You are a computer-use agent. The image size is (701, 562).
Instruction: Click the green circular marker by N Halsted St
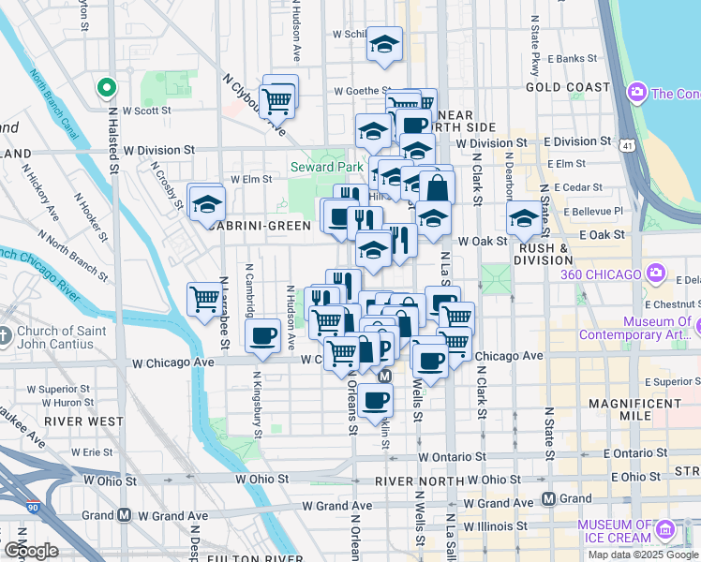point(107,89)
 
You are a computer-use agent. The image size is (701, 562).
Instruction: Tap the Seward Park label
point(326,167)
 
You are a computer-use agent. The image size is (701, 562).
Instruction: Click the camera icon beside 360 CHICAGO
point(655,274)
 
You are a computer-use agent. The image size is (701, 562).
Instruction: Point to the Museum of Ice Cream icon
point(665,531)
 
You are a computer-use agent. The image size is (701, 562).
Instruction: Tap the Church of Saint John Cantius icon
point(7,334)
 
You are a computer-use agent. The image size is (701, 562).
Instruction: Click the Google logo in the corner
point(30,551)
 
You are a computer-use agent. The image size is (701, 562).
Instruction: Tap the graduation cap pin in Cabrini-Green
point(206,203)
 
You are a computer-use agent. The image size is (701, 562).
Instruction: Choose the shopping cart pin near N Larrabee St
point(204,301)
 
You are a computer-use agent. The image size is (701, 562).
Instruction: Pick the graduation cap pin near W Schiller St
point(383,45)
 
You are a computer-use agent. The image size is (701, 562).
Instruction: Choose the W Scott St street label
point(146,110)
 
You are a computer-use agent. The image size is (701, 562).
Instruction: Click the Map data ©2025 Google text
point(642,555)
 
